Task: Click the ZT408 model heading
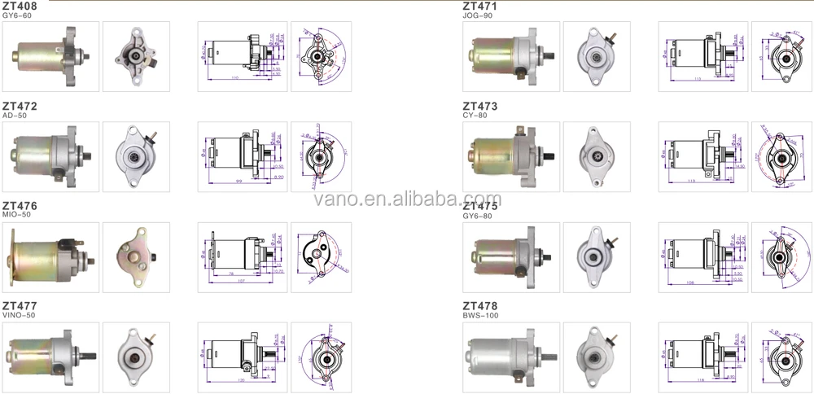click(x=20, y=7)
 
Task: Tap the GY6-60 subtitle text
click(x=17, y=16)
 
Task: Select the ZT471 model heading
click(x=479, y=7)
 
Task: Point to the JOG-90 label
click(x=477, y=16)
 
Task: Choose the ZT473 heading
click(x=479, y=107)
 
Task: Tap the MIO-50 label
click(x=15, y=217)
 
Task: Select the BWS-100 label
click(x=480, y=316)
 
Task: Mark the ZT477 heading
click(x=20, y=306)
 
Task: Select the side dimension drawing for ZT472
click(x=242, y=153)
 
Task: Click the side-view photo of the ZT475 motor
click(x=510, y=252)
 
